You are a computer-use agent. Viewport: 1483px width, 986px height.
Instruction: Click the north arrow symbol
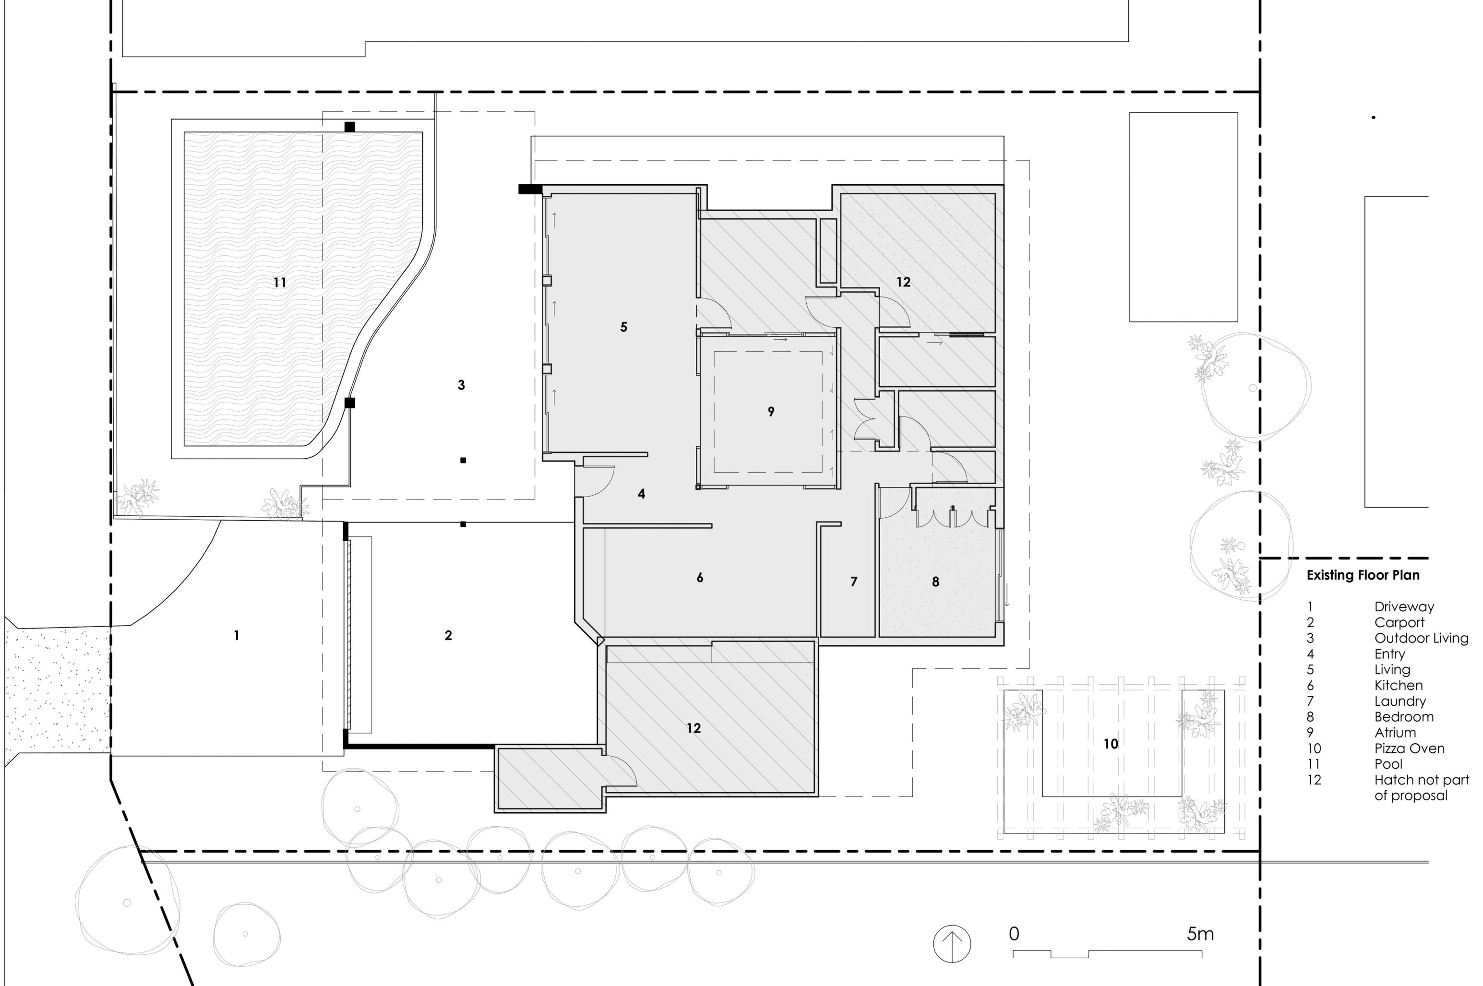tap(952, 944)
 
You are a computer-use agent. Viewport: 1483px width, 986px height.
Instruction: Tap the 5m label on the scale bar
tap(1200, 935)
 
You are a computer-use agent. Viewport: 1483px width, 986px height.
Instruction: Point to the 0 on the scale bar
tap(1014, 935)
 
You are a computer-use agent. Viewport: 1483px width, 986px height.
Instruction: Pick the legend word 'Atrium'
tap(1395, 733)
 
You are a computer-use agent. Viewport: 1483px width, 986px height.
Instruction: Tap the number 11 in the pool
tap(280, 283)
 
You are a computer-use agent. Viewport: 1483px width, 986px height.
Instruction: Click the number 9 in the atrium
tap(771, 412)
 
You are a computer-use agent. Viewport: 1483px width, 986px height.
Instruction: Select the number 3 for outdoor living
tap(461, 385)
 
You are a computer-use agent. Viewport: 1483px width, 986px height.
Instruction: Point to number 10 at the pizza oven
tap(1111, 744)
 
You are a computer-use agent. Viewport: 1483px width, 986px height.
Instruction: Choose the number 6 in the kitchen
tap(699, 578)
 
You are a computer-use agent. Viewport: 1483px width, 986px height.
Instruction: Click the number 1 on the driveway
tap(237, 636)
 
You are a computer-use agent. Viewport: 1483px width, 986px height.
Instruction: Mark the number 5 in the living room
tap(623, 327)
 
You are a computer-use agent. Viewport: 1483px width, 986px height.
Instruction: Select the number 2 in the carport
tap(448, 636)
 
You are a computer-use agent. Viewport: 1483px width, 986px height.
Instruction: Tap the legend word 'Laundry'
tap(1399, 701)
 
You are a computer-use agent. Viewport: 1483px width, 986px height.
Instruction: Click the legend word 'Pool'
tap(1388, 764)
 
